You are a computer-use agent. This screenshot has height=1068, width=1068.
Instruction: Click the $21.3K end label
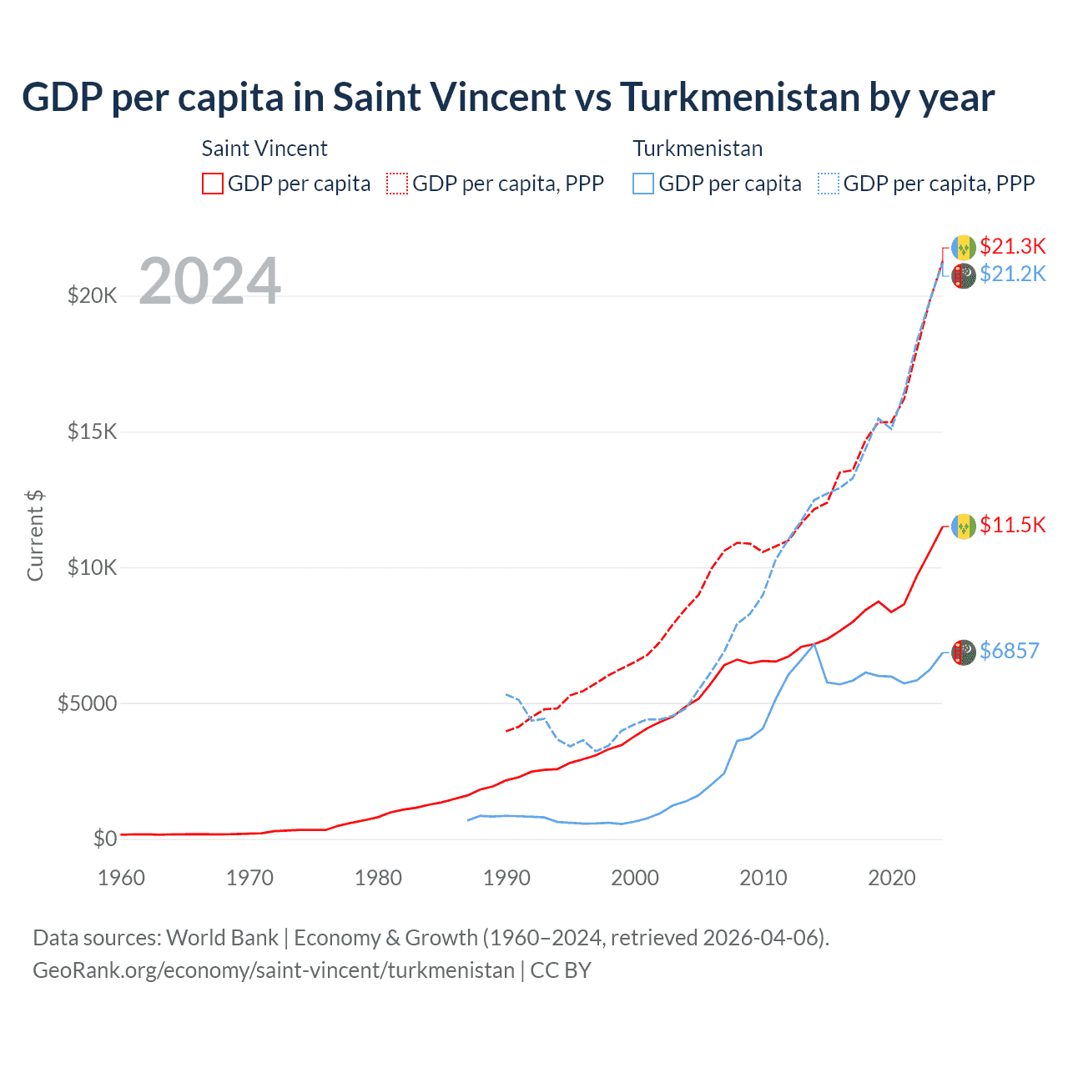point(1012,246)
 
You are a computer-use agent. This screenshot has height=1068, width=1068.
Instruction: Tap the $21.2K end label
point(1012,274)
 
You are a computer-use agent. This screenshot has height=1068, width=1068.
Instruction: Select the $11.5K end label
point(1012,525)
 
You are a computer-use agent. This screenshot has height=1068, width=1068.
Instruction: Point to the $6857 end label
point(1010,651)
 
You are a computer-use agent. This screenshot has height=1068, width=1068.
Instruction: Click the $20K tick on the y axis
point(92,295)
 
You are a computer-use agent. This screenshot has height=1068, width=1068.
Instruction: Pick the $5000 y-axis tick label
point(87,703)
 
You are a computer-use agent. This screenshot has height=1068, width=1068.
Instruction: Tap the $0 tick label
point(104,839)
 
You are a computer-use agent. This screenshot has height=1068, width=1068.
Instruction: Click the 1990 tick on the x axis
point(506,878)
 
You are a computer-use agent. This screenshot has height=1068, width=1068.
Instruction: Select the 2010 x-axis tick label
point(763,878)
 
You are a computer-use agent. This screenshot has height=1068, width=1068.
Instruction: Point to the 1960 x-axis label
point(122,878)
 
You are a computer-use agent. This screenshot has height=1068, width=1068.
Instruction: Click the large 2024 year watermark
point(209,281)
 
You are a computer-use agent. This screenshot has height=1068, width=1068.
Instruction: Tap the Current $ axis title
point(35,535)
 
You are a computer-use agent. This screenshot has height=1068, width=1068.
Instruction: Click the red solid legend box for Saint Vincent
point(213,184)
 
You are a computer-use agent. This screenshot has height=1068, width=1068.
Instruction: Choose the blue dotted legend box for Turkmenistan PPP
point(829,184)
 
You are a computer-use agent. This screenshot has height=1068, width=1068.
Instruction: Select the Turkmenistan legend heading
point(698,149)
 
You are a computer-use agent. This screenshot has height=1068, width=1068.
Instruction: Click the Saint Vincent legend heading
point(264,149)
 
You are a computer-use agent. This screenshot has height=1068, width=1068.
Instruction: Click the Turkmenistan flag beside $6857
point(963,652)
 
